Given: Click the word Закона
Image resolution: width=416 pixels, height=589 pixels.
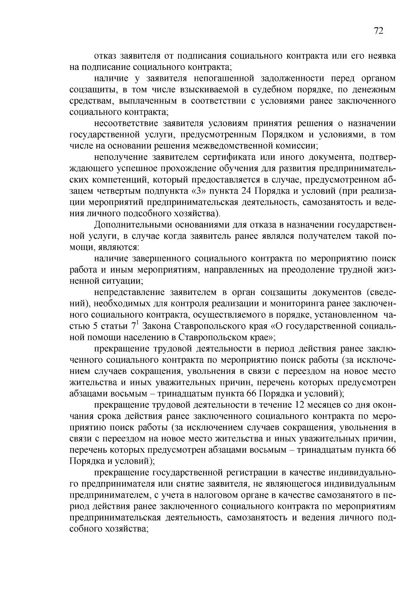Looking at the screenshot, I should click(156, 326).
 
